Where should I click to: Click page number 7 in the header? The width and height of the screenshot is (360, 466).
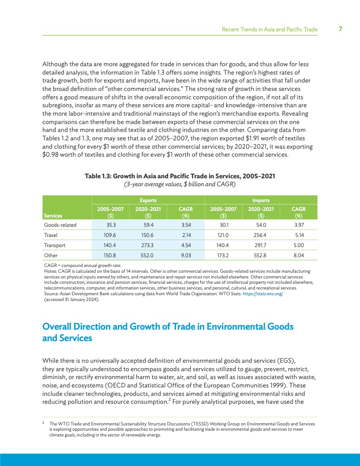341,29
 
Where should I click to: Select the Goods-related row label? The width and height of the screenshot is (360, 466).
60,225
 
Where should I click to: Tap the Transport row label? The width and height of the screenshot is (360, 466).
55,245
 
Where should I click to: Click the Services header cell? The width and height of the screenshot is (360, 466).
53,215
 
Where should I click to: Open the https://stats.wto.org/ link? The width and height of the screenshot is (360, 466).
261,293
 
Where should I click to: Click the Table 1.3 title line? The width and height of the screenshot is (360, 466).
180,176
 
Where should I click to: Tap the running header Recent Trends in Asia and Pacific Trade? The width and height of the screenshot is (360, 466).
269,30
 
